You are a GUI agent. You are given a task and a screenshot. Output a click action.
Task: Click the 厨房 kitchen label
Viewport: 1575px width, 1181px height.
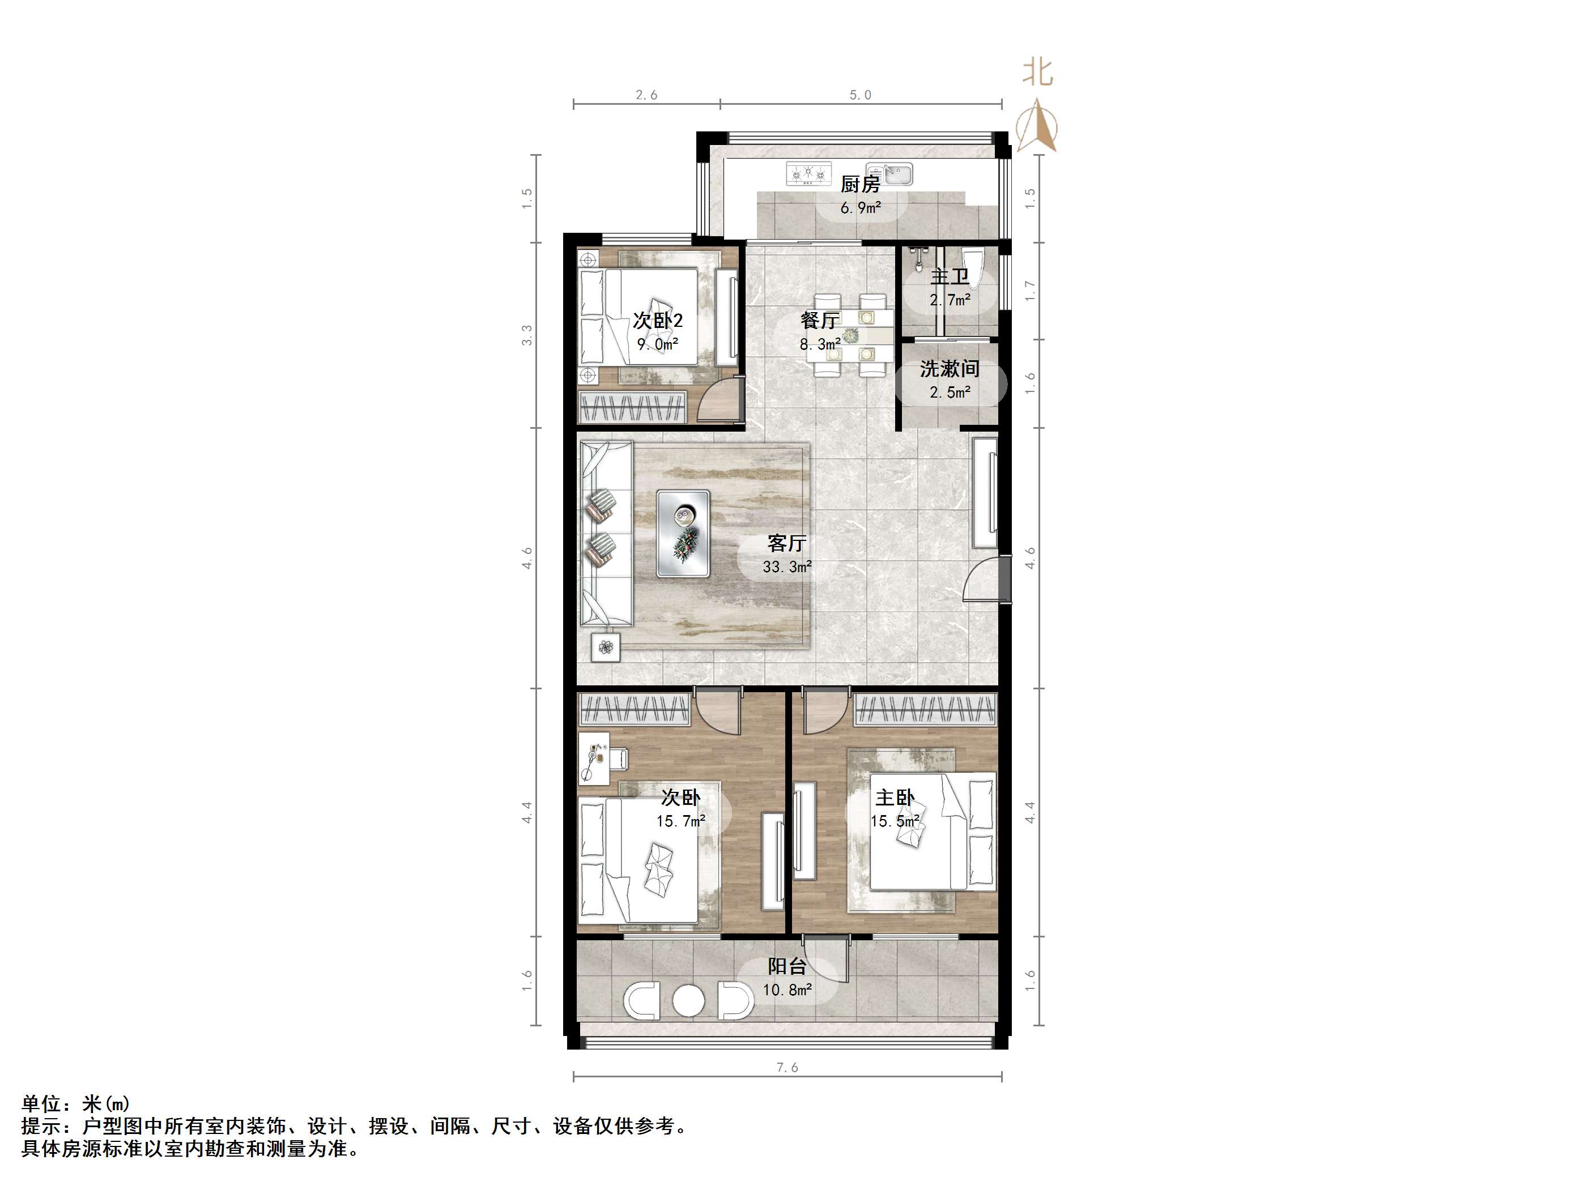[x=860, y=185]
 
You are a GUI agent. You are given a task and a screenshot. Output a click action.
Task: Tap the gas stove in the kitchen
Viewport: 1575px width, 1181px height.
[x=809, y=174]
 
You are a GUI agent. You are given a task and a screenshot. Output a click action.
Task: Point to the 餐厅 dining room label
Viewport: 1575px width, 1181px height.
[x=820, y=321]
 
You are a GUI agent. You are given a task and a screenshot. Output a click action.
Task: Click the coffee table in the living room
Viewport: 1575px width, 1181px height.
[x=683, y=533]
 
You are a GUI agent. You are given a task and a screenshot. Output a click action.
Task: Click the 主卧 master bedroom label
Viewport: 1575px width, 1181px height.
[x=895, y=798]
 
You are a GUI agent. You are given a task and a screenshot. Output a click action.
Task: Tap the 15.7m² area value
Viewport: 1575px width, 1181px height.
[x=680, y=821]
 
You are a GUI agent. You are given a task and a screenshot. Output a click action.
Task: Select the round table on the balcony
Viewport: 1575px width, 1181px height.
[x=688, y=1000]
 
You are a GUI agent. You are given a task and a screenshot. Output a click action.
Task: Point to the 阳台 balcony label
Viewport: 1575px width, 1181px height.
[x=787, y=967]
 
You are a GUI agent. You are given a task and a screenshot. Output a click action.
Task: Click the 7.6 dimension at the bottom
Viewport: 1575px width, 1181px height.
[x=787, y=1067]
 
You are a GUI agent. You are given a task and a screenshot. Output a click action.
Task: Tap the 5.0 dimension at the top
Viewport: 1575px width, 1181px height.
[x=860, y=95]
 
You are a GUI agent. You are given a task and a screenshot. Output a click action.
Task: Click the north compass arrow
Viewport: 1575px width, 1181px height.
[x=1037, y=128]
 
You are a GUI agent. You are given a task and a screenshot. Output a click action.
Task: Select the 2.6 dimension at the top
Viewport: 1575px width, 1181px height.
[x=646, y=95]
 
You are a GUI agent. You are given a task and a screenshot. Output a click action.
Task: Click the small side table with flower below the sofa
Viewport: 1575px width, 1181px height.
[x=605, y=647]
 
